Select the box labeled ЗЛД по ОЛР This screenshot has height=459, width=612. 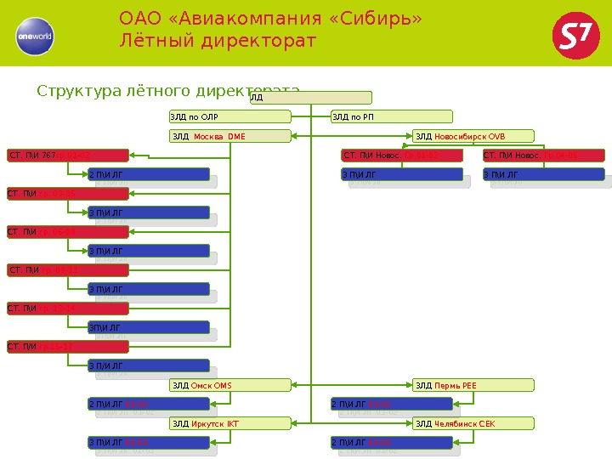pos(230,116)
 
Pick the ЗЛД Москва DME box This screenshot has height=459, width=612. pos(230,136)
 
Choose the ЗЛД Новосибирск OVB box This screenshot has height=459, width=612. pos(473,136)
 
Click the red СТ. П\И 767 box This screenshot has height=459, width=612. pos(68,156)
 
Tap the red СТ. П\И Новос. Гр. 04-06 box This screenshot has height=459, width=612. pos(544,156)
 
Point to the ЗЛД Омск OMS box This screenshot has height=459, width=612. pos(230,386)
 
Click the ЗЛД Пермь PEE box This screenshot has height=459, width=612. pos(473,386)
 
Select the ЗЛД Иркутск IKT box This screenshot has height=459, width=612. pos(230,423)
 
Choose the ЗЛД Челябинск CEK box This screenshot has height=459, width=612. pos(473,423)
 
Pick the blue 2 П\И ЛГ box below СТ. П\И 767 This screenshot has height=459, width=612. pos(148,174)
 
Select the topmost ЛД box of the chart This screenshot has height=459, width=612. pos(310,98)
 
